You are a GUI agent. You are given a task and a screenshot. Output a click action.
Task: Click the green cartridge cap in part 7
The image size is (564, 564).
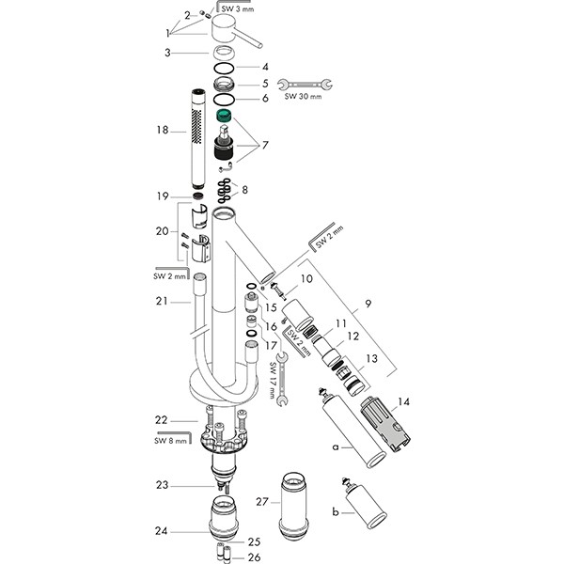[225, 116]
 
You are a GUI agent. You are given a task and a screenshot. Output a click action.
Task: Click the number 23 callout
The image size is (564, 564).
[163, 485]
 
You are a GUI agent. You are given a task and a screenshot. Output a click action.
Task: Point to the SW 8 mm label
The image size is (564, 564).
[170, 438]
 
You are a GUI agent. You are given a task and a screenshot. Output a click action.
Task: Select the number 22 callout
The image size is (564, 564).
[164, 419]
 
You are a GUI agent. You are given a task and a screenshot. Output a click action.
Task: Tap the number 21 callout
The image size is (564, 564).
[163, 301]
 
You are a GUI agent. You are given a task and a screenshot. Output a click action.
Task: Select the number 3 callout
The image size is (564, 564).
[167, 55]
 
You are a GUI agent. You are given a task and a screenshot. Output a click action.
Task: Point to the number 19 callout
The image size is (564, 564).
[164, 196]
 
